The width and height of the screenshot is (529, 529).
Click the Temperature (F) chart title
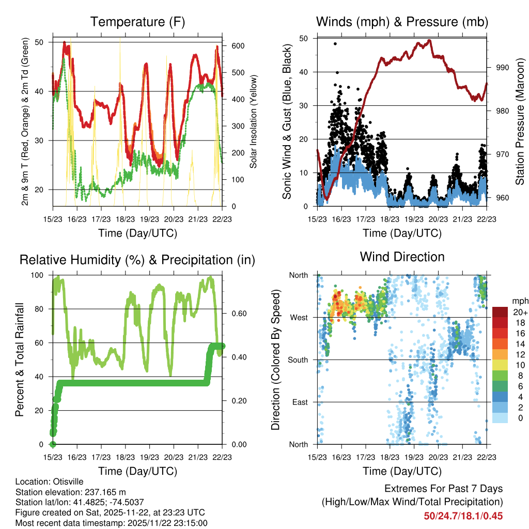pos(137,22)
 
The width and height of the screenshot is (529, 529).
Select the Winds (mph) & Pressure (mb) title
pos(402,22)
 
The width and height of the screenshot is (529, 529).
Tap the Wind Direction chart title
pos(402,257)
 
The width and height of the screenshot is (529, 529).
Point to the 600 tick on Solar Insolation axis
pos(238,46)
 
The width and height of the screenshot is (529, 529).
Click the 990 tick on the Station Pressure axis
pos(503,67)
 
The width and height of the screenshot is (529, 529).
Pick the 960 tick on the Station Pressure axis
pos(503,198)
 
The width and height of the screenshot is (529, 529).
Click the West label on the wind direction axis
pos(299,318)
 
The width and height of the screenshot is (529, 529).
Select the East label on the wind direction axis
pos(300,402)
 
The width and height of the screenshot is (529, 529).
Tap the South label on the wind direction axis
pos(298,360)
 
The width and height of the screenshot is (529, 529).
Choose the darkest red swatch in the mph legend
pos(500,312)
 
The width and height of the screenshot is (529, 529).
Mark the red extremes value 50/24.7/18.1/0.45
pos(463,516)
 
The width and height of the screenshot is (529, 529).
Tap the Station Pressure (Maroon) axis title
pos(520,122)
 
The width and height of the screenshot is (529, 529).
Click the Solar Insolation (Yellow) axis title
pos(254,122)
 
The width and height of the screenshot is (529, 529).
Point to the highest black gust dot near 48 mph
pos(335,44)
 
